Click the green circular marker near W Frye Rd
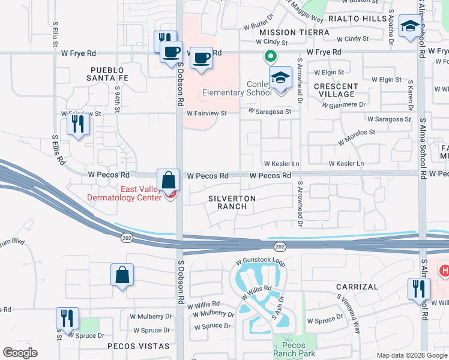point(271,56)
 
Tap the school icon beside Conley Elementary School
point(280,78)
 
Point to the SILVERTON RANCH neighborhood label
point(232,202)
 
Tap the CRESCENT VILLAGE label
point(336,90)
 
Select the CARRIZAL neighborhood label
point(357,287)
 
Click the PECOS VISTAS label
point(130,346)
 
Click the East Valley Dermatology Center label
point(124,193)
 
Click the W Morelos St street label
point(356,137)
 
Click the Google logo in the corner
point(20,353)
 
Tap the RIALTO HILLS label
point(367,19)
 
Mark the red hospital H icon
point(444,271)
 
